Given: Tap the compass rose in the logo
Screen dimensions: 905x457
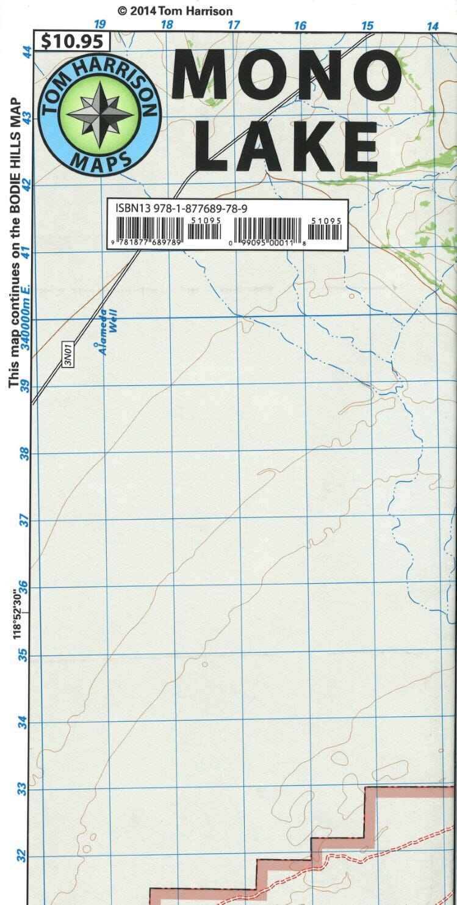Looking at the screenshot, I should click(x=99, y=114).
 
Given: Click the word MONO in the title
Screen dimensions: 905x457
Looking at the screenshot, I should click(x=287, y=75).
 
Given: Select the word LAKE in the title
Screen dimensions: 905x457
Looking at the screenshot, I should click(x=289, y=146).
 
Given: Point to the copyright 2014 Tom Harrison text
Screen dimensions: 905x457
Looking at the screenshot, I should click(x=175, y=11).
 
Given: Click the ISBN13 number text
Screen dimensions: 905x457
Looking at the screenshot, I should click(x=181, y=208).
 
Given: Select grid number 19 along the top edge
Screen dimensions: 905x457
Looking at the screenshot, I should click(x=100, y=25).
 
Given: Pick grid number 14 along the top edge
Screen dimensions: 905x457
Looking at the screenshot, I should click(x=432, y=26).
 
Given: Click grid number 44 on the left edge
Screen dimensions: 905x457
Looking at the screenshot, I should click(x=27, y=53).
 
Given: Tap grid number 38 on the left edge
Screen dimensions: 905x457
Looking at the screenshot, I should click(x=24, y=454).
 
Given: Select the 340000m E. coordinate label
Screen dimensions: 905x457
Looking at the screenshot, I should click(x=26, y=321).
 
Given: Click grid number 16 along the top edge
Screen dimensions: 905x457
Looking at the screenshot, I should click(x=300, y=26).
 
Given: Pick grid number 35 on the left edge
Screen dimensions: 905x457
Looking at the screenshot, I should click(x=24, y=655).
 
